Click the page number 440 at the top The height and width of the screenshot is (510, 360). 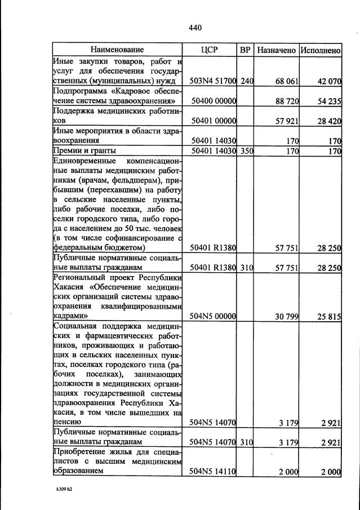tap(195, 28)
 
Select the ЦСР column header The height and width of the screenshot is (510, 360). tap(209, 50)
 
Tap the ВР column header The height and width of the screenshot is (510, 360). tap(245, 50)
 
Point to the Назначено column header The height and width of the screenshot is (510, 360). tap(276, 50)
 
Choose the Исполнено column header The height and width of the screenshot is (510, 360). tap(320, 50)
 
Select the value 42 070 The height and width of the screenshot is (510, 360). tap(329, 82)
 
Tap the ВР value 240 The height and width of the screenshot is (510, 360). tap(247, 82)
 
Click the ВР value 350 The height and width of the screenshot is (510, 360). tap(247, 150)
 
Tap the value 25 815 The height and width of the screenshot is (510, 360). tap(329, 317)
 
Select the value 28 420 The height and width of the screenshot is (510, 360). tap(329, 121)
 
